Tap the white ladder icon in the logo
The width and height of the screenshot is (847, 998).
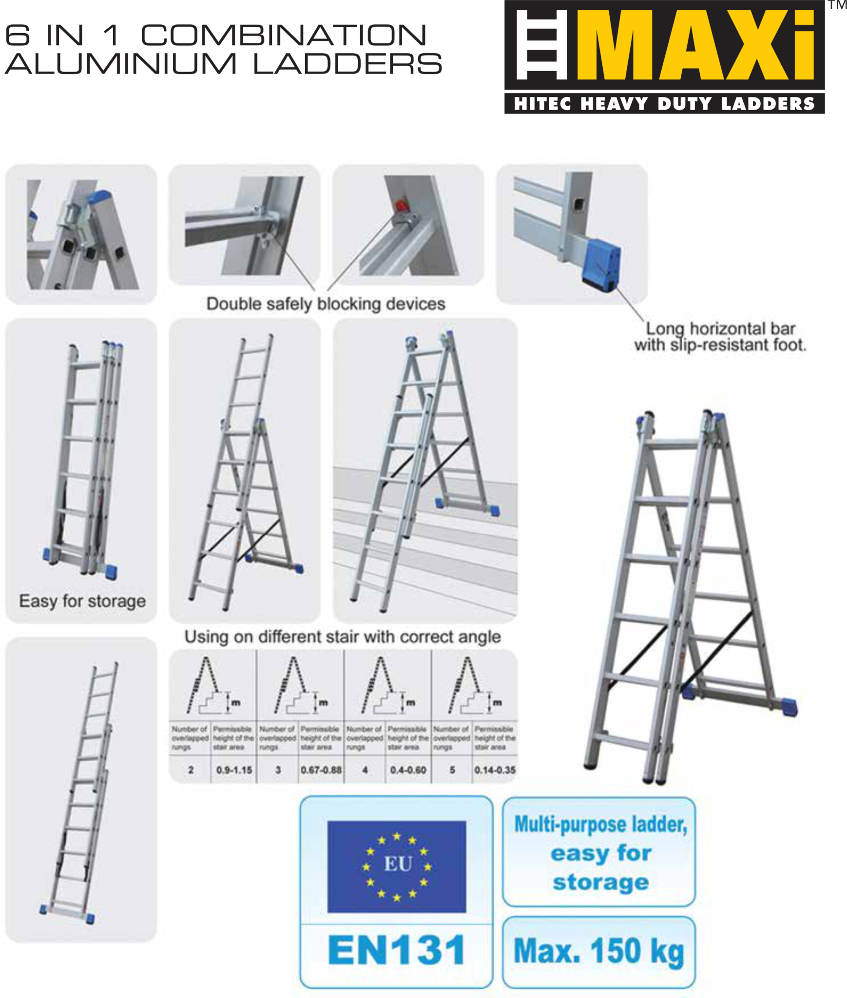pyautogui.click(x=541, y=45)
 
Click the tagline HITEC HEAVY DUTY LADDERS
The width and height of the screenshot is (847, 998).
pyautogui.click(x=664, y=104)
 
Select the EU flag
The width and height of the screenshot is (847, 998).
pyautogui.click(x=396, y=866)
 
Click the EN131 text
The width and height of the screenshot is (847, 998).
pyautogui.click(x=396, y=950)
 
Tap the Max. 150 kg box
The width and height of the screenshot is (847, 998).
pyautogui.click(x=598, y=951)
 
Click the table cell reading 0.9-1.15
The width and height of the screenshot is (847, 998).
pyautogui.click(x=234, y=770)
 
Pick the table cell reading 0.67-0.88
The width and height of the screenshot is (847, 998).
pyautogui.click(x=321, y=770)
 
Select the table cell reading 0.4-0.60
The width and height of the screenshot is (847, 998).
pyautogui.click(x=408, y=770)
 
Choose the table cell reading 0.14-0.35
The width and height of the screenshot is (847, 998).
pyautogui.click(x=495, y=770)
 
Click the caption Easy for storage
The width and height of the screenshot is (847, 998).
pyautogui.click(x=82, y=601)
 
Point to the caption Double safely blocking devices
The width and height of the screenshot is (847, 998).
pyautogui.click(x=326, y=304)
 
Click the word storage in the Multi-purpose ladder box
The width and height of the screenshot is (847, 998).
pyautogui.click(x=600, y=882)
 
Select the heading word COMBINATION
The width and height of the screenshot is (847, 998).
pyautogui.click(x=283, y=35)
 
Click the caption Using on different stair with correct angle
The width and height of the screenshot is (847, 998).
pyautogui.click(x=342, y=637)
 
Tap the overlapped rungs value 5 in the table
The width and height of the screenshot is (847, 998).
pyautogui.click(x=452, y=770)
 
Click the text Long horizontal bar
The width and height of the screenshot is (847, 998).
pyautogui.click(x=720, y=328)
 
